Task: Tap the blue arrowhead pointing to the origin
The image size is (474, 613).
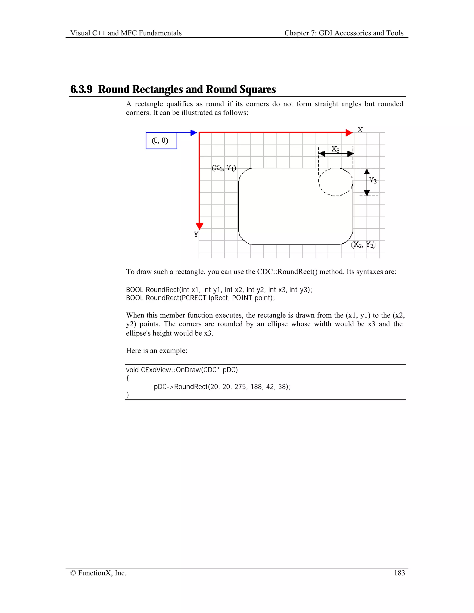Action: (193, 133)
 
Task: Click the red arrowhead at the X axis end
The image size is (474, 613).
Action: (349, 133)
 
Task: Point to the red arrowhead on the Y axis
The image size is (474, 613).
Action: (199, 226)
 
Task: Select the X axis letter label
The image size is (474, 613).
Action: (360, 130)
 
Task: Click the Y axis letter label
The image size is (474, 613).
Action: (196, 234)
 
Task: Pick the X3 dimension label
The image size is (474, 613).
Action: (335, 149)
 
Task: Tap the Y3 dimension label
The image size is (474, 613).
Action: (373, 180)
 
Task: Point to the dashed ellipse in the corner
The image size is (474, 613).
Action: (336, 182)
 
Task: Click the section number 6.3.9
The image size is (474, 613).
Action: (81, 89)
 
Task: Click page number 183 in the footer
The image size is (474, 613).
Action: (399, 573)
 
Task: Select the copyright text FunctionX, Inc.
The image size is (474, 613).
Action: (98, 573)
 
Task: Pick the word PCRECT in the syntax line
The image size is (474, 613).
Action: (194, 298)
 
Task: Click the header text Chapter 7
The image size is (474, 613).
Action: (300, 33)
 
